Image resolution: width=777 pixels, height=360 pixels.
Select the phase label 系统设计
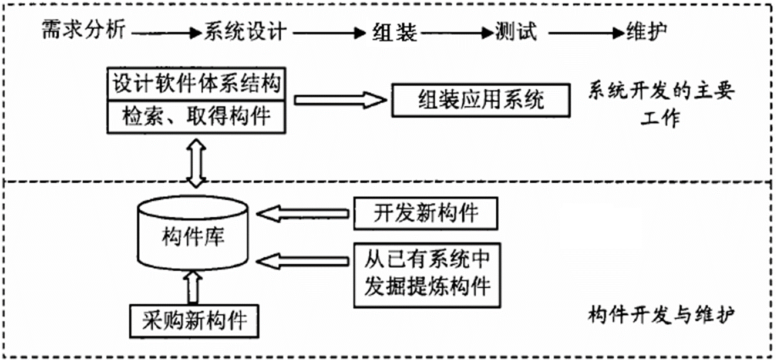coord(245,31)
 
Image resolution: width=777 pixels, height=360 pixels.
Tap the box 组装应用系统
coord(480,100)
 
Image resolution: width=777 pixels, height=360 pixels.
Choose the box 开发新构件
coord(426,213)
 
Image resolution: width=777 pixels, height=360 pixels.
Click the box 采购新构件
coord(195,321)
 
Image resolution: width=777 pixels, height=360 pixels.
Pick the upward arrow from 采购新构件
coord(194,287)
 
